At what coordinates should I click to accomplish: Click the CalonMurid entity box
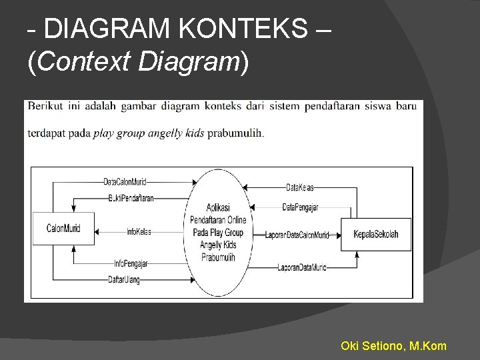[x=64, y=229]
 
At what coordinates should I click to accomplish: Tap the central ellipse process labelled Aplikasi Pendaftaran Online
[x=218, y=227]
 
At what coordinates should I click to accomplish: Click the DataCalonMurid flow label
[x=125, y=181]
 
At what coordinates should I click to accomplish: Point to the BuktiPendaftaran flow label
[x=131, y=198]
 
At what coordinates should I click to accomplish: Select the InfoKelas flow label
[x=139, y=231]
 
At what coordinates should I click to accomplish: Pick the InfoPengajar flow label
[x=131, y=263]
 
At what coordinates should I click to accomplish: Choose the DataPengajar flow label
[x=300, y=207]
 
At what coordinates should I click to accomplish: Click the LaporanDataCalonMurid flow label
[x=297, y=235]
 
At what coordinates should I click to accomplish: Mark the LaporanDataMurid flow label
[x=302, y=268]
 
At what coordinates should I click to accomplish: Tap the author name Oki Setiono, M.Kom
[x=393, y=346]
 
